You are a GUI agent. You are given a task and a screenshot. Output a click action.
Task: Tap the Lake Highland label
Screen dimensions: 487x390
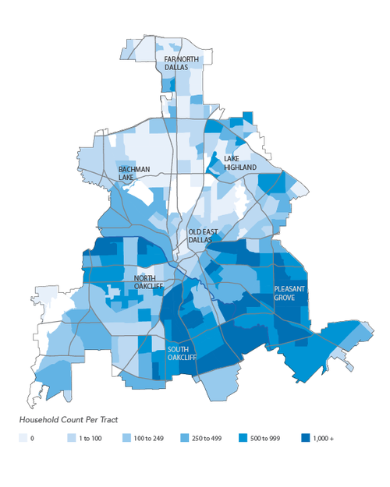pyautogui.click(x=240, y=162)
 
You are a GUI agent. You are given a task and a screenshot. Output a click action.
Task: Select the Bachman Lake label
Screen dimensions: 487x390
pyautogui.click(x=133, y=173)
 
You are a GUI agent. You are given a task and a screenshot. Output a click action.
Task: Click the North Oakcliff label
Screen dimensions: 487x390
pyautogui.click(x=150, y=283)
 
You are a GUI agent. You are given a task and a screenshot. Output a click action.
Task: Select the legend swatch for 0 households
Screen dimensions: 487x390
pyautogui.click(x=22, y=439)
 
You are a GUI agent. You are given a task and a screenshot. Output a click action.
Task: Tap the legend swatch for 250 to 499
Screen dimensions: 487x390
pyautogui.click(x=184, y=439)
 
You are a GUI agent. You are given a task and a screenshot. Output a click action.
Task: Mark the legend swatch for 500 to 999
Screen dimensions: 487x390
pyautogui.click(x=246, y=439)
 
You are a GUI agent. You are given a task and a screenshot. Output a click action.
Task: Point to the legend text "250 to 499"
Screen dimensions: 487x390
pyautogui.click(x=208, y=439)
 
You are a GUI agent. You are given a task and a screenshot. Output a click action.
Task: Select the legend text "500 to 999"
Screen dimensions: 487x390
pyautogui.click(x=271, y=439)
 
